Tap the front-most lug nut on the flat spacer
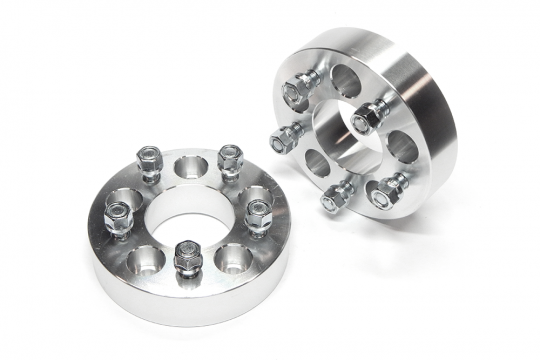point(185,258)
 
